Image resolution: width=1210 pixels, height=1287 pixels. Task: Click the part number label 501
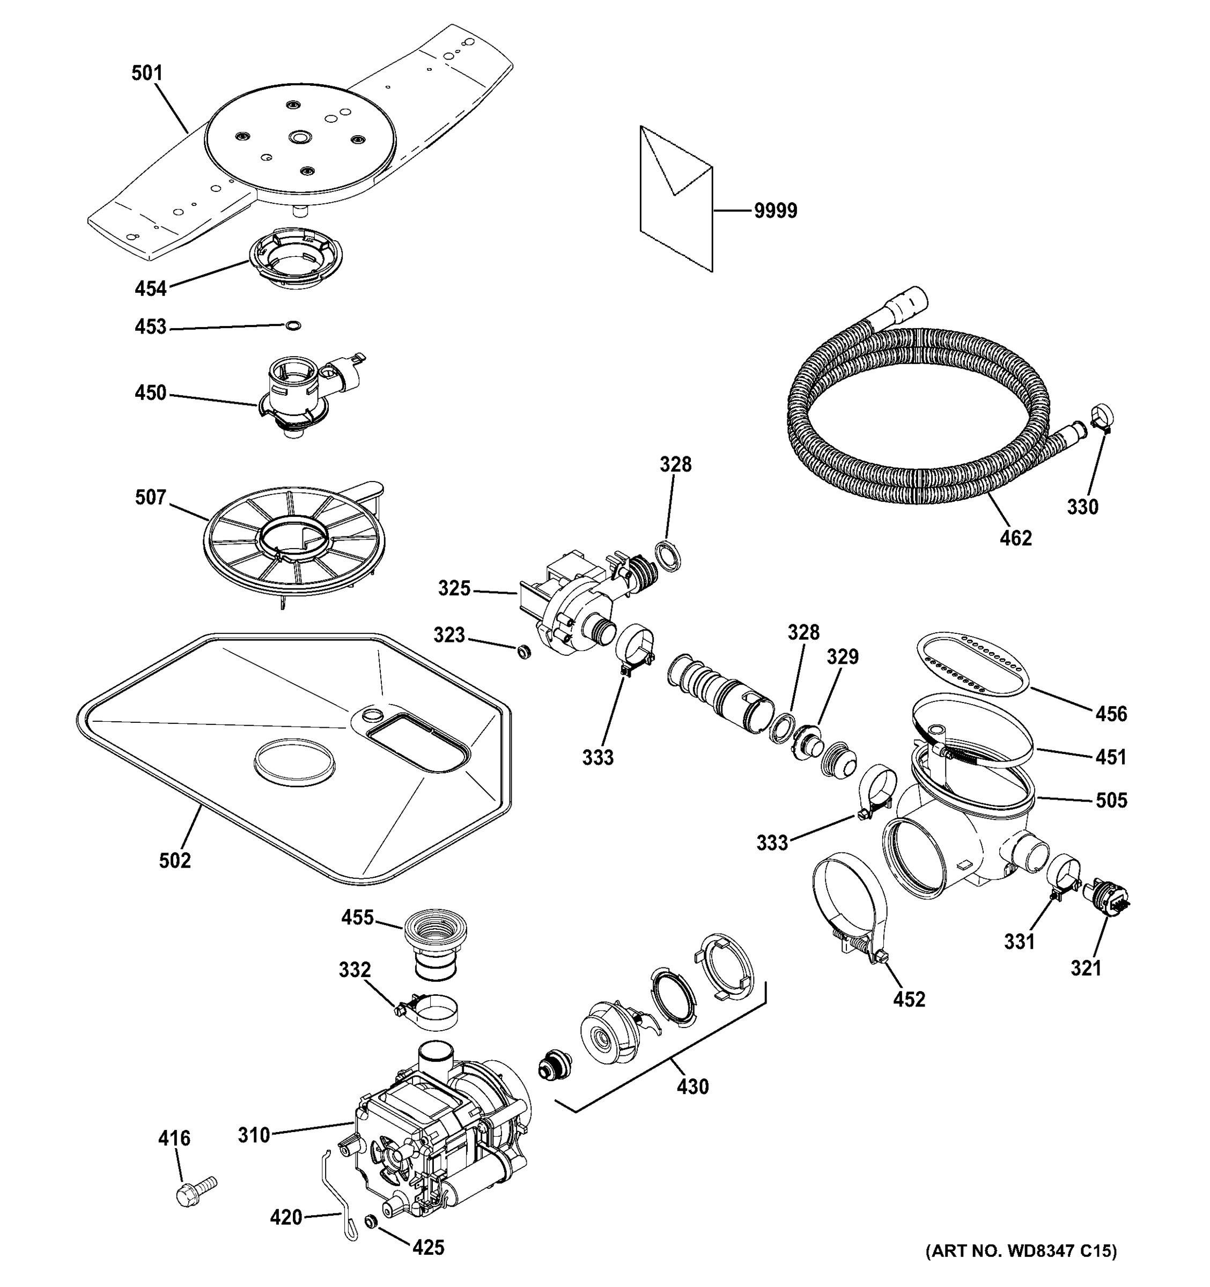click(147, 73)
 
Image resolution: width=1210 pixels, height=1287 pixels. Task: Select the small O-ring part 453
click(293, 325)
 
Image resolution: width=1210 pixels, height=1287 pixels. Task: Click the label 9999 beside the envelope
click(776, 211)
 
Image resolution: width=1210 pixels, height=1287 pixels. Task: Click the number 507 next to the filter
click(150, 497)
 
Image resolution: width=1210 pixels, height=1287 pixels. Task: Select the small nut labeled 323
click(523, 650)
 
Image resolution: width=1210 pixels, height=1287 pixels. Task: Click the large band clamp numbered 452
click(845, 913)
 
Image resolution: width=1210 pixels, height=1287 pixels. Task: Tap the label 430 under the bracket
click(693, 1087)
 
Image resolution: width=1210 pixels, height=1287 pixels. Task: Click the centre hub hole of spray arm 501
click(300, 138)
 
